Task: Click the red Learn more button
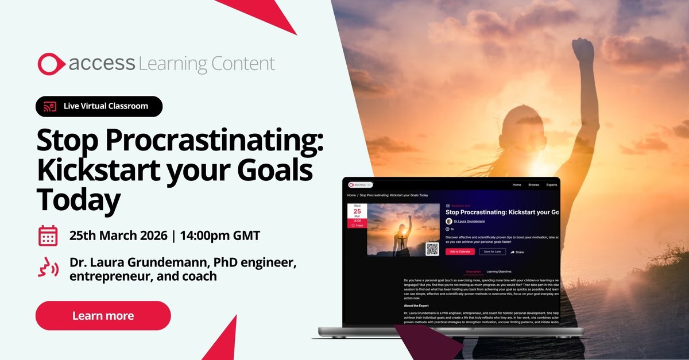click(x=103, y=316)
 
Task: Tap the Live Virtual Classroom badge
click(x=99, y=106)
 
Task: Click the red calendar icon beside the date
click(x=48, y=235)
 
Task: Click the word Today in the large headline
click(x=79, y=200)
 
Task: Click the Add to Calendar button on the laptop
click(x=460, y=251)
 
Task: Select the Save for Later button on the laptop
click(x=492, y=251)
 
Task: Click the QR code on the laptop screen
click(x=432, y=249)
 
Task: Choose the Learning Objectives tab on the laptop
click(x=498, y=272)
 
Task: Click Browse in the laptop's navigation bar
click(x=533, y=185)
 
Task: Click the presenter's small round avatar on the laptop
click(x=449, y=221)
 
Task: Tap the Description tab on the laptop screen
click(x=473, y=272)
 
